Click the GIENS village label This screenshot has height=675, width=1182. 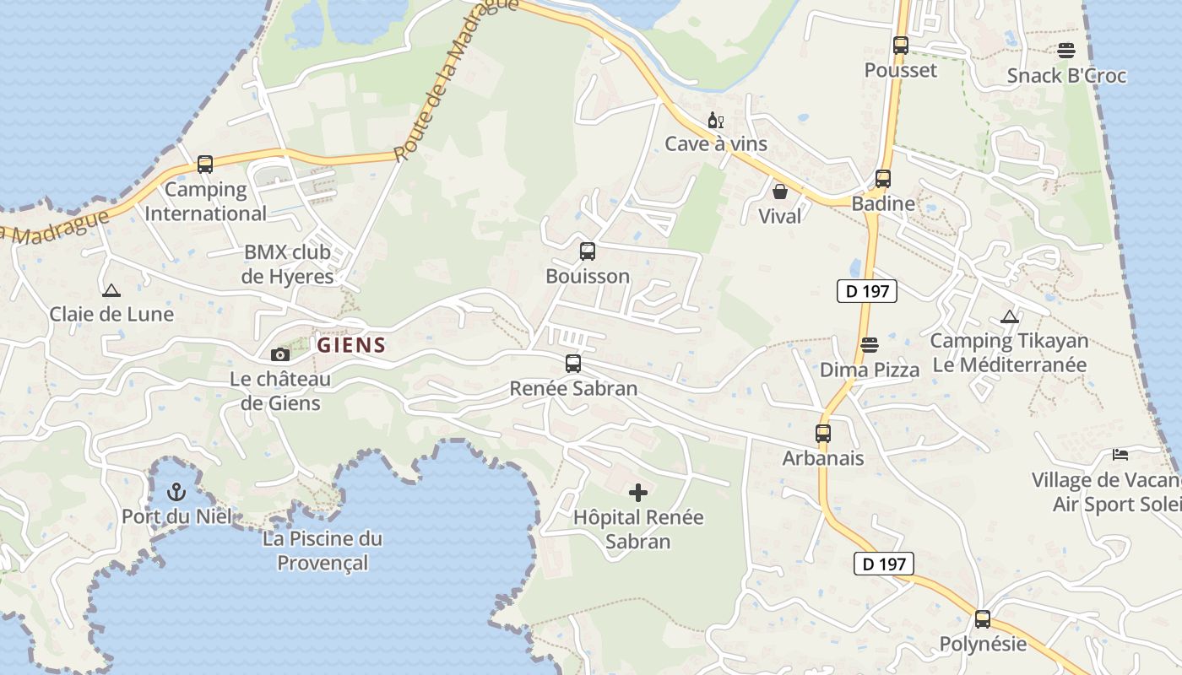coord(351,344)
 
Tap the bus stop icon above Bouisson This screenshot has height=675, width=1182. coord(587,251)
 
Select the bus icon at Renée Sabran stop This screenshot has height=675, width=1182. coord(573,364)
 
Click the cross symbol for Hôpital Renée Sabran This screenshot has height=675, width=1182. coord(638,492)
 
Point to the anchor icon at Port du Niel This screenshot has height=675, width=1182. coord(176,491)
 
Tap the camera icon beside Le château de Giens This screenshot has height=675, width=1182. coord(279,354)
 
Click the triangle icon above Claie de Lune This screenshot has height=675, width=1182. coord(111,290)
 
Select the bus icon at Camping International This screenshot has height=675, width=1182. coord(205,164)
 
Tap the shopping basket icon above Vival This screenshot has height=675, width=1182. coord(780,192)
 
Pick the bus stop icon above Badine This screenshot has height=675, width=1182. coord(883,179)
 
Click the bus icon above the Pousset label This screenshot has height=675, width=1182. coord(901,46)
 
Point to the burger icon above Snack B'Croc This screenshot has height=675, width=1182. coord(1066,51)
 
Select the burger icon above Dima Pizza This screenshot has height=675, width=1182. coord(870,344)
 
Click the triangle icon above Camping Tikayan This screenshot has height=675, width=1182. coord(1009,317)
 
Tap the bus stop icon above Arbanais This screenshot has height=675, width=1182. coord(823,434)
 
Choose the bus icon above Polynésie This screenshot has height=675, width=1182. coord(983,619)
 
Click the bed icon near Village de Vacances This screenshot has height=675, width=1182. coord(1120,455)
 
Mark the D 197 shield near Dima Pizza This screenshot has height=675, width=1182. coord(866,292)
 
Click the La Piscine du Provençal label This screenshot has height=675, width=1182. coord(323,550)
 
